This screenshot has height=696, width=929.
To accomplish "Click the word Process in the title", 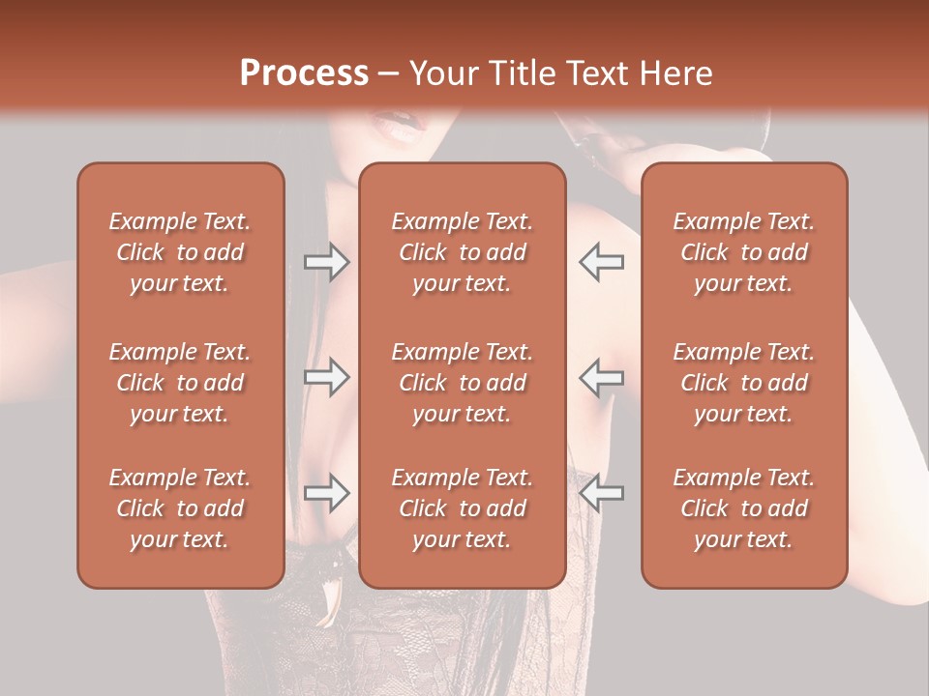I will point(304,73).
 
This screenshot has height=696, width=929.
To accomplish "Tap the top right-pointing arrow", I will point(326,262).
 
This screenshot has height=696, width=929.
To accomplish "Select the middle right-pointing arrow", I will point(326,377).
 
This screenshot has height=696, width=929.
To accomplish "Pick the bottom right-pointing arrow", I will point(326,494).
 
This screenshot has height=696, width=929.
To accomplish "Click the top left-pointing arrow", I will point(602,262).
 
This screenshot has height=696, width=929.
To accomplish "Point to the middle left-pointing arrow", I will point(602,377).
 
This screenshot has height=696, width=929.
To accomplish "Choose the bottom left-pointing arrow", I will point(602,494).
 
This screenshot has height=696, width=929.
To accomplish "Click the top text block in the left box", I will point(180,252).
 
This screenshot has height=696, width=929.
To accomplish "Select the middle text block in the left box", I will point(180,383).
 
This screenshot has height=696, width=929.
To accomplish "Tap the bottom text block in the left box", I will point(180,508).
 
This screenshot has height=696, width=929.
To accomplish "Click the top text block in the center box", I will point(462,252).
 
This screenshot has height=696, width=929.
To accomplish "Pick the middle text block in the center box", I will point(462,383).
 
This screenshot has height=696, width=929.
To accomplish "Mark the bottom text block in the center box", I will point(462,508).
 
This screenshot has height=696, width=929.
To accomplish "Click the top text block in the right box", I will point(744,252).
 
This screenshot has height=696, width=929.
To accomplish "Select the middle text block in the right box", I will point(744,383).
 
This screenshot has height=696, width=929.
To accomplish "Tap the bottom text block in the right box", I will point(744,508).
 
